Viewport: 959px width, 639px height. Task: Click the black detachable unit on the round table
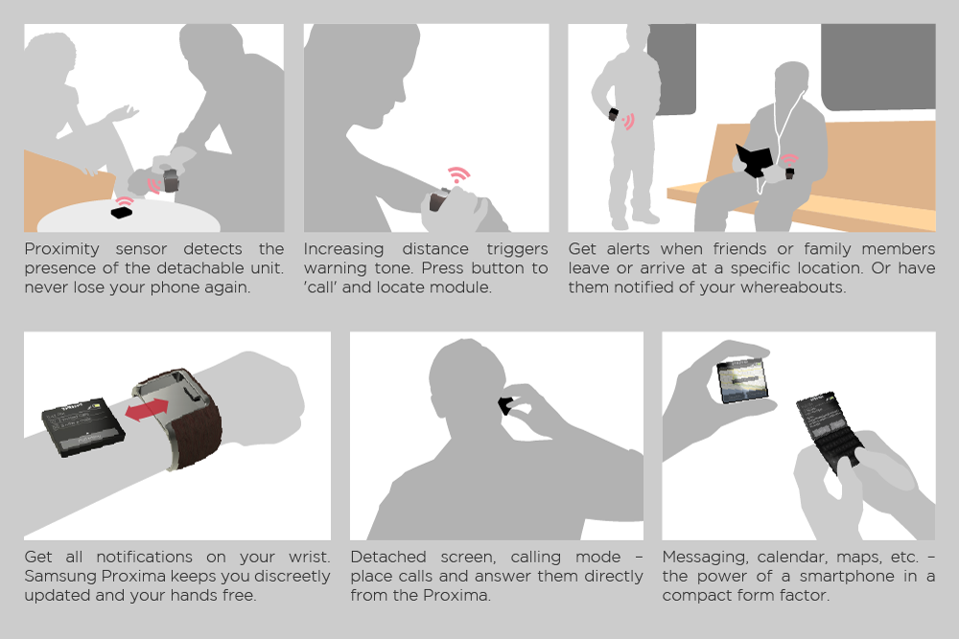(121, 212)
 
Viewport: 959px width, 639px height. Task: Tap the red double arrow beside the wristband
(147, 409)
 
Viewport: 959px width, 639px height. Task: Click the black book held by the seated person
(754, 160)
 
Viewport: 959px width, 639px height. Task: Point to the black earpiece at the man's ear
(505, 405)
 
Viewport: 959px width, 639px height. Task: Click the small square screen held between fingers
(742, 380)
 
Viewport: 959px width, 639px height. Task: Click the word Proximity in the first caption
(61, 249)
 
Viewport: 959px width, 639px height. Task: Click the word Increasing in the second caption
(343, 249)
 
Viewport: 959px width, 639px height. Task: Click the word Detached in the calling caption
(388, 557)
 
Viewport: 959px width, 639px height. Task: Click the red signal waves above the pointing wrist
(458, 174)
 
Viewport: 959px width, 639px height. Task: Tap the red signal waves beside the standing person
(628, 121)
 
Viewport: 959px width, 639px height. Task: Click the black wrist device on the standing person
(613, 114)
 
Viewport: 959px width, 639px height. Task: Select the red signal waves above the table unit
(125, 201)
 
